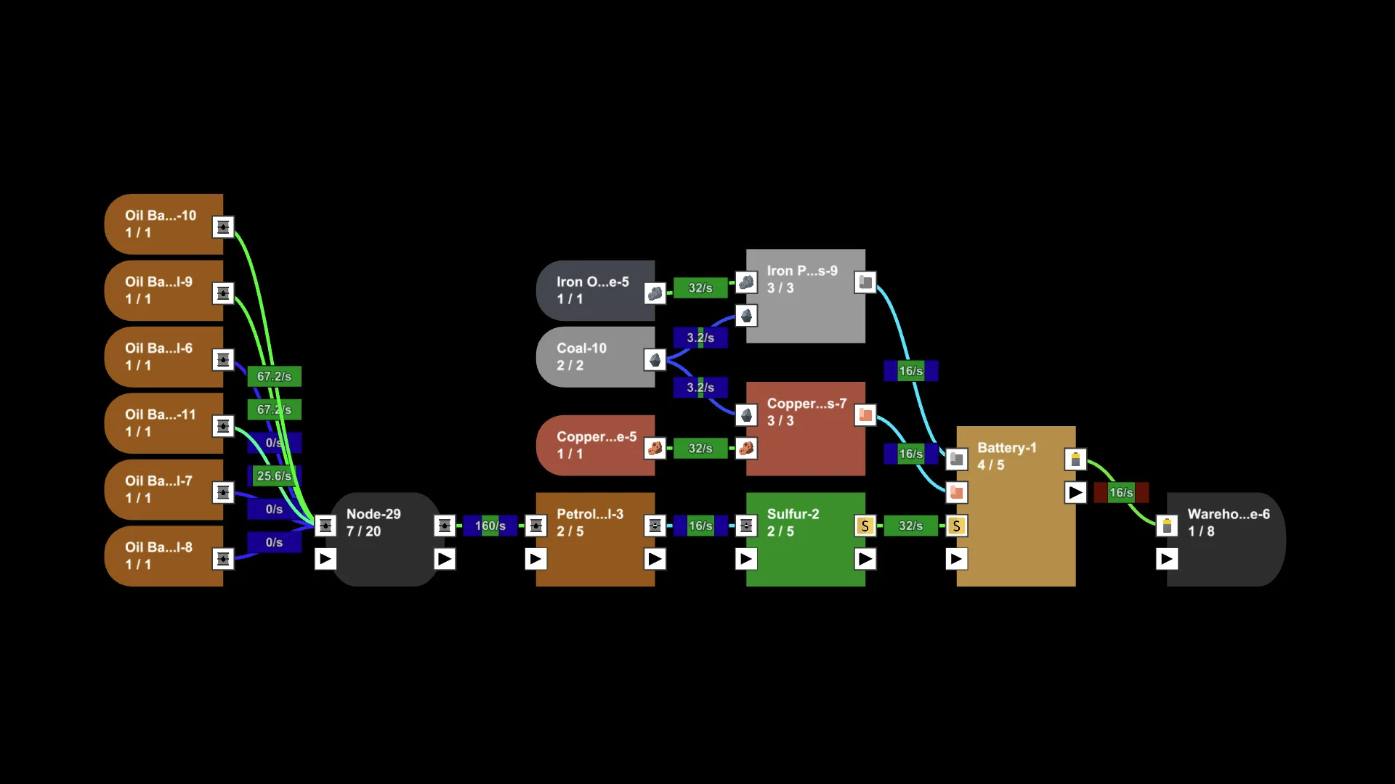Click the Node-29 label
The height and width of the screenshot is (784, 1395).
pos(373,514)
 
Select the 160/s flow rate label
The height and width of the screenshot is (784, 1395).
pos(490,526)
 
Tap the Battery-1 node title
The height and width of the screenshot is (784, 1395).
pos(1006,448)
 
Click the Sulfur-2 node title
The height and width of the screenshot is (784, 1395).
pos(793,514)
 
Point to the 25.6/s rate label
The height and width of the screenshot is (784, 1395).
pos(274,476)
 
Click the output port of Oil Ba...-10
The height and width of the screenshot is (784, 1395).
pos(223,227)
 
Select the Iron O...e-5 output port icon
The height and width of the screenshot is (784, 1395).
pos(655,293)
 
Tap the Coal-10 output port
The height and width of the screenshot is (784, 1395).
pos(655,359)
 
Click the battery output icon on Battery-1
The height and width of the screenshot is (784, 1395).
pos(1075,460)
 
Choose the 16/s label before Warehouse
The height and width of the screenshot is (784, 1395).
pos(1120,493)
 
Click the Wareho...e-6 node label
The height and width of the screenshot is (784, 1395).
pos(1228,514)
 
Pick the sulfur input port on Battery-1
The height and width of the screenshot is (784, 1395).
pos(956,526)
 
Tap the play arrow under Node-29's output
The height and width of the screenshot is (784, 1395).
pos(445,559)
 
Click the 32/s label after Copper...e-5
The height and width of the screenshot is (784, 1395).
pos(700,449)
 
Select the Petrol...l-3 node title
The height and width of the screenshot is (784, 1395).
pos(589,514)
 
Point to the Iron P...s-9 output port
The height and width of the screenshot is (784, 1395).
pos(865,282)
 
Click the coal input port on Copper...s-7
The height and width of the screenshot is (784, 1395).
pos(746,415)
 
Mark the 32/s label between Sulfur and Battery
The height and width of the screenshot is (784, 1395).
pos(910,526)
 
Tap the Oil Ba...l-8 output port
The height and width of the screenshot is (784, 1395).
pos(223,559)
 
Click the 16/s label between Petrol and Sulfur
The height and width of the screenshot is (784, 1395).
pos(700,526)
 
